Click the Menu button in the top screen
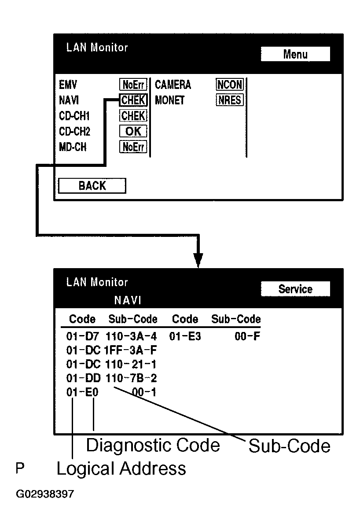click(x=295, y=55)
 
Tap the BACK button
click(x=92, y=186)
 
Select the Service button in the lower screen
click(x=295, y=289)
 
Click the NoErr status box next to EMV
click(x=133, y=85)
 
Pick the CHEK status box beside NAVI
click(x=133, y=100)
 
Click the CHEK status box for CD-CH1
click(x=133, y=116)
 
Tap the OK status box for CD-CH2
click(x=133, y=131)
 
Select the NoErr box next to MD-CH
click(x=133, y=147)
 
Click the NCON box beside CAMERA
click(x=229, y=85)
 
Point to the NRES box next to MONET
click(x=229, y=100)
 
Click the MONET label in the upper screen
click(x=170, y=100)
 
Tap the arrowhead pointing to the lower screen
click(x=198, y=260)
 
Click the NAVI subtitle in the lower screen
click(x=127, y=301)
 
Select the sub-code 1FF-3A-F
click(x=131, y=351)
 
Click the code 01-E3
click(x=185, y=337)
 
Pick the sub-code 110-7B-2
click(x=131, y=378)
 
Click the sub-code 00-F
click(x=248, y=337)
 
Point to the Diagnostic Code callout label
click(x=153, y=445)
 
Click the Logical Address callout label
click(x=121, y=469)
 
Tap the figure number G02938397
click(x=45, y=494)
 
